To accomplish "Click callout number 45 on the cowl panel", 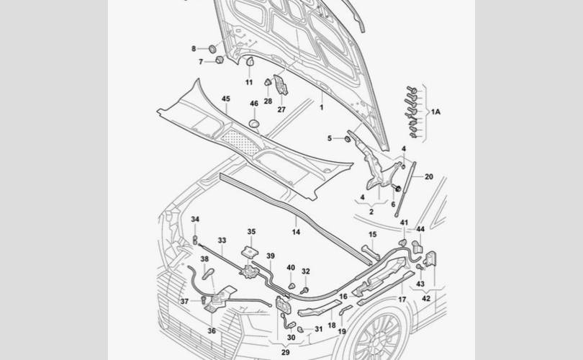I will point(226,98).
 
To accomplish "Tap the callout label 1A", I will point(435,112).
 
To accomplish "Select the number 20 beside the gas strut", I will point(429,176).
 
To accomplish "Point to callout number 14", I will point(296,232).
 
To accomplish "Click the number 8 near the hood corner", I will point(193,48).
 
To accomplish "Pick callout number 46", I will point(253,104).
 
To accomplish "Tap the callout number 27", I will point(281,109).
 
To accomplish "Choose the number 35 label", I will point(251,231).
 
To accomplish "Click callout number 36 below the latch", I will point(212,330).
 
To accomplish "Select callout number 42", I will point(426,297).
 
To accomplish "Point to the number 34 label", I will point(195,219).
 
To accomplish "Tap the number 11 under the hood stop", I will point(249,82).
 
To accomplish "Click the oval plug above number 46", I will point(253,125).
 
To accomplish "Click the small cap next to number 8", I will point(212,48).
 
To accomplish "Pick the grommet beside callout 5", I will point(346,138).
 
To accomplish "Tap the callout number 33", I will point(222,240).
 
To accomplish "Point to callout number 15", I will point(373,234).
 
